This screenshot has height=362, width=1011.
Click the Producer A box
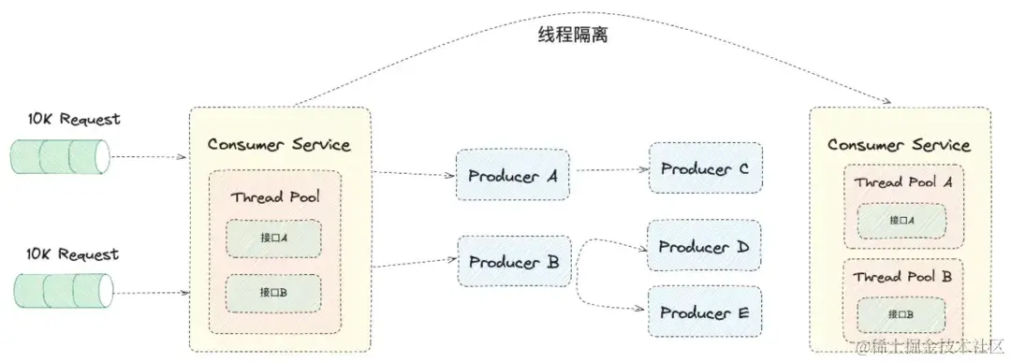[512, 174]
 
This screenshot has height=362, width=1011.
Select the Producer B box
[513, 261]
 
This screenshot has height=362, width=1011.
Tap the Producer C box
[705, 168]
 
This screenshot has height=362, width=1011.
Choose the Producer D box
[705, 247]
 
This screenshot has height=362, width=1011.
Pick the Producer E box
[705, 312]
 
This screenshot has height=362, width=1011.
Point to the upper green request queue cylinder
[60, 156]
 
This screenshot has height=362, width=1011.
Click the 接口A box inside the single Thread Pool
[273, 239]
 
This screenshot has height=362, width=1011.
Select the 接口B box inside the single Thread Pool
[273, 293]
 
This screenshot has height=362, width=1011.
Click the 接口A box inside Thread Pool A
[901, 221]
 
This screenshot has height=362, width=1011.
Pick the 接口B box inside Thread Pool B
[901, 313]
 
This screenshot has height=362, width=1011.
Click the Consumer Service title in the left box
[279, 144]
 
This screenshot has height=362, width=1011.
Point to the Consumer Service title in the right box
[899, 145]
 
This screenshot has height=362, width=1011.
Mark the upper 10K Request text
[74, 120]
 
